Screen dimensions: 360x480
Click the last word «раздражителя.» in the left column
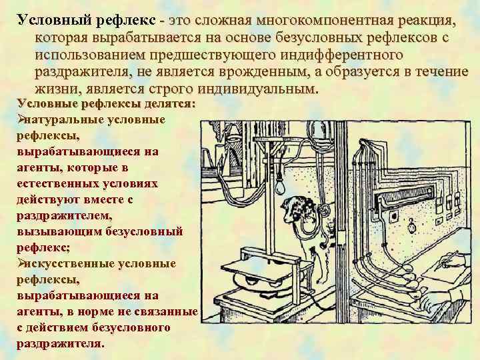tap(61, 345)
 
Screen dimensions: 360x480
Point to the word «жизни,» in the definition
tap(57, 89)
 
